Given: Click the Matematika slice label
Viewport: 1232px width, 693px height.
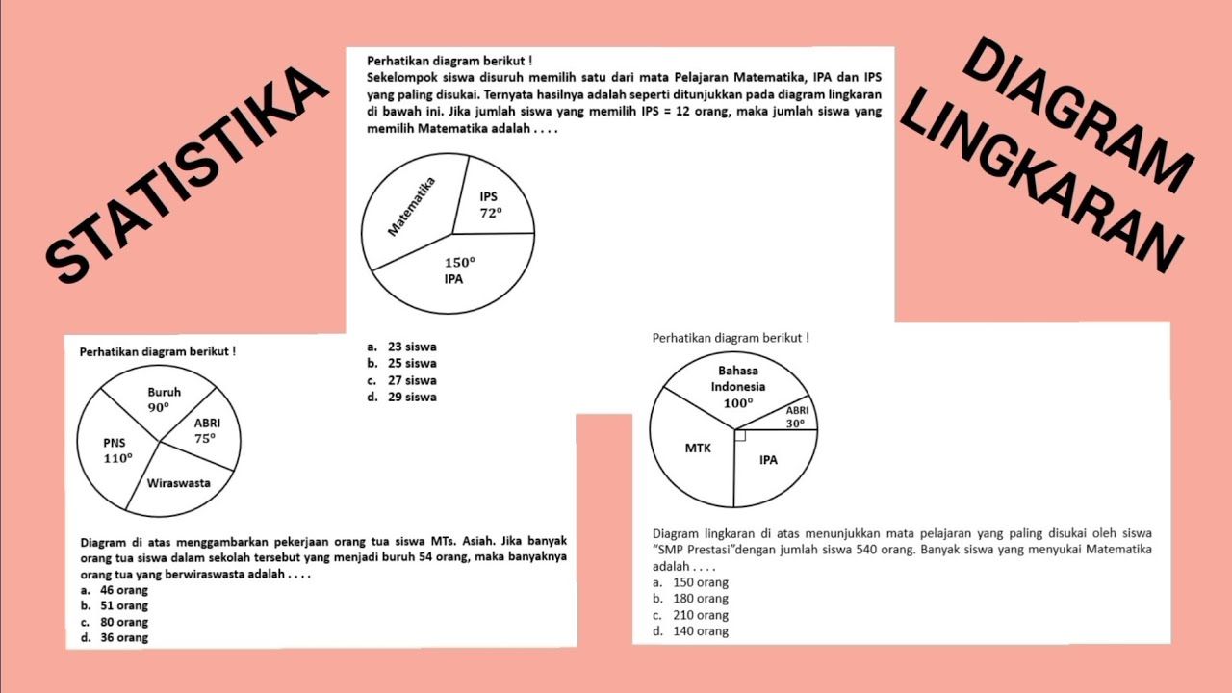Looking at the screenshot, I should click(411, 207).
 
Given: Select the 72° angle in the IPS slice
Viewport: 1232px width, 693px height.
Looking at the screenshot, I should click(491, 214).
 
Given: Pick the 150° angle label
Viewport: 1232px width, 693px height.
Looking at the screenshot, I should click(459, 262).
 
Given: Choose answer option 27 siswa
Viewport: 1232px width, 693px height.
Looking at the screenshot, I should click(412, 380).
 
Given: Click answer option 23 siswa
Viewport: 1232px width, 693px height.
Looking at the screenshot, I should click(412, 346).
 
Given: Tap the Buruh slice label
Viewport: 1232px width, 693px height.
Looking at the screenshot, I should click(164, 393).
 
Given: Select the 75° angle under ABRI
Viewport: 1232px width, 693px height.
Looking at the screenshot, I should click(205, 438).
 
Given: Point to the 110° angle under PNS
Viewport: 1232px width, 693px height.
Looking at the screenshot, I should click(117, 458).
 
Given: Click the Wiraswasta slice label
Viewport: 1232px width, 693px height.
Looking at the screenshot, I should click(178, 483).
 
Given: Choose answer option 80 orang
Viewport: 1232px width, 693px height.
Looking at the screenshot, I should click(124, 622).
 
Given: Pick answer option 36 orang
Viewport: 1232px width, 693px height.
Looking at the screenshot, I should click(124, 637).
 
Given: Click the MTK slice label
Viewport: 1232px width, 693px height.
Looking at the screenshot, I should click(698, 448).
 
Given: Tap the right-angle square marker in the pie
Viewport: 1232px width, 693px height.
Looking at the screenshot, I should click(739, 435).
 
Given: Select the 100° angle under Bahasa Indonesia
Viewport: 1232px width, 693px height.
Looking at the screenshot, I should click(738, 403).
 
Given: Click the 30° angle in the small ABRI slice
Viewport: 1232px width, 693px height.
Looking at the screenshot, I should click(795, 423).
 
